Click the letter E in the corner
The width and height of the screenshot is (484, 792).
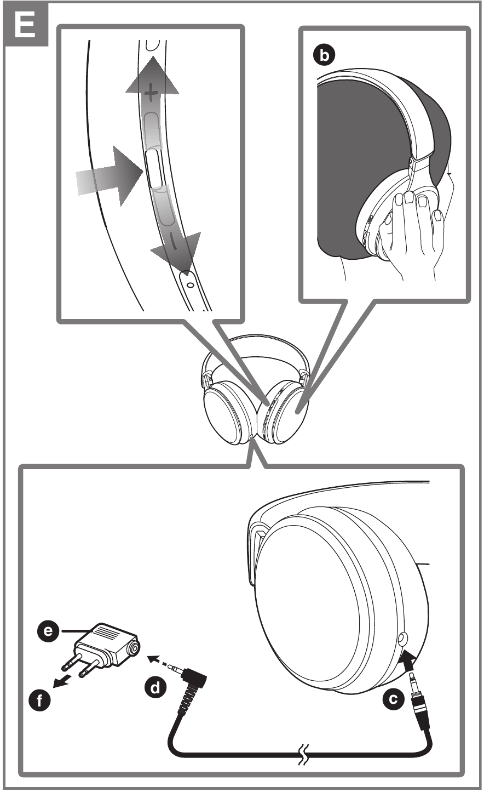(25, 25)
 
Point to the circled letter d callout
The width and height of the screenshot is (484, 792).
(157, 687)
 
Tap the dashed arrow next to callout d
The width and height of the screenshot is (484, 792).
(159, 660)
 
